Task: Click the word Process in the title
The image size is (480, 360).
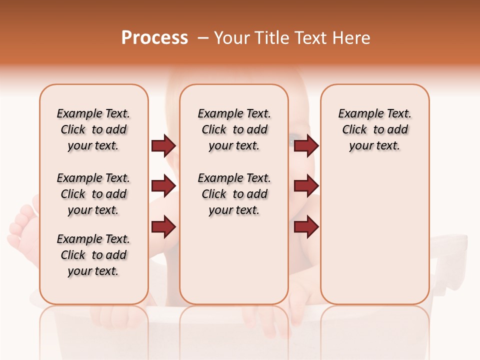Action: pos(154,38)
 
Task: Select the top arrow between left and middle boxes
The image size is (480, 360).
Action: pos(163,145)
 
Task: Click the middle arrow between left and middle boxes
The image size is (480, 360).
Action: pos(163,186)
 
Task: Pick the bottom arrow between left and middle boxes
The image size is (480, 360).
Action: pos(163,227)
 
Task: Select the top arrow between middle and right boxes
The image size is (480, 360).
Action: pos(306,145)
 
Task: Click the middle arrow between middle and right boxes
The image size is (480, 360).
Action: pos(306,186)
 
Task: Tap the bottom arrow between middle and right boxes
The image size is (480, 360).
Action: pos(306,227)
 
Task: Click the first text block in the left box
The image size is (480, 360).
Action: pos(93,129)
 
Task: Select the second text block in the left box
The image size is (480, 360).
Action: pos(93,194)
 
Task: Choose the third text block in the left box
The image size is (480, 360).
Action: pos(93,255)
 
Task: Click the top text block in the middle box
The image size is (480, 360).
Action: pos(234,129)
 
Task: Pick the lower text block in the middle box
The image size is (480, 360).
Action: pos(234,194)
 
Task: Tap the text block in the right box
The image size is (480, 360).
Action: pos(374,129)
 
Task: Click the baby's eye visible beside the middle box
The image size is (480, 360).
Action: pos(293,140)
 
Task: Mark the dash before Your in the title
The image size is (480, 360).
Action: pos(203,38)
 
